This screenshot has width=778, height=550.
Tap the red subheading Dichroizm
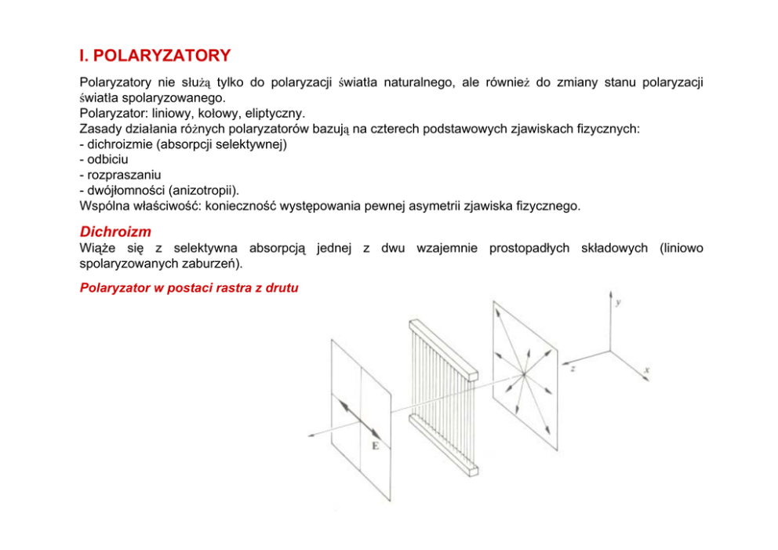point(115,231)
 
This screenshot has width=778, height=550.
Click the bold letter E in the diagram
point(375,446)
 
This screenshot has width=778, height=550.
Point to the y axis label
point(619,302)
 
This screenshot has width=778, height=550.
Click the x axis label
point(646,369)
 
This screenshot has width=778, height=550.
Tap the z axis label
point(574,367)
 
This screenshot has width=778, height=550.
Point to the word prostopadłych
point(530,248)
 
